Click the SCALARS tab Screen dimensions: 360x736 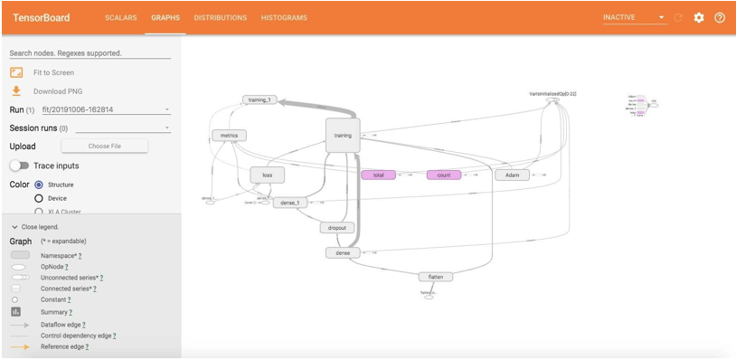point(120,17)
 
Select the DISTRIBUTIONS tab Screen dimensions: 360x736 point(220,17)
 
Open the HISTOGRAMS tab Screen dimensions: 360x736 point(284,17)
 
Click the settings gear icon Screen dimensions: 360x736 point(699,17)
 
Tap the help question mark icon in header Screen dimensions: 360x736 point(720,17)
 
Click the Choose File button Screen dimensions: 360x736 point(104,146)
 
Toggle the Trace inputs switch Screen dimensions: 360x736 point(19,166)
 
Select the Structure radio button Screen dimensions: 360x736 point(39,185)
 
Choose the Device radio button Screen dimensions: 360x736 point(39,198)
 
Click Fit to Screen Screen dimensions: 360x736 point(53,72)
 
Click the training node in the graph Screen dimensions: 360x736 point(343,136)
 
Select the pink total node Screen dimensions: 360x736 point(378,175)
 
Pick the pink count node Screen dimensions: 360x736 point(443,175)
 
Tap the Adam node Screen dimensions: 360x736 point(512,175)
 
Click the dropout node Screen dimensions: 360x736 point(337,228)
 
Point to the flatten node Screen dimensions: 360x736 point(435,277)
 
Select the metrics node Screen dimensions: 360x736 point(228,136)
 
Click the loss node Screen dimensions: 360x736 point(267,175)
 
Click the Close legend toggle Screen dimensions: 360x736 point(34,226)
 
